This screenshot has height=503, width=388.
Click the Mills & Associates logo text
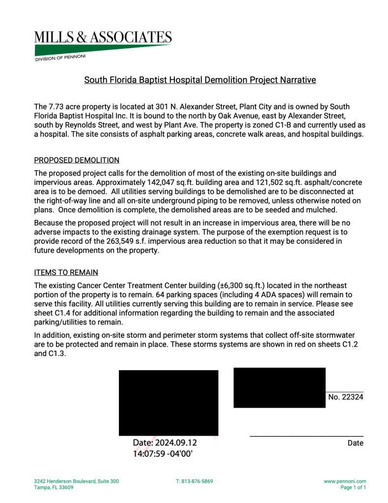pyautogui.click(x=103, y=37)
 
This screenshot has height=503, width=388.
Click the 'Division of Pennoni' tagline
pyautogui.click(x=60, y=58)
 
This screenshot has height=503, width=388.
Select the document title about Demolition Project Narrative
pyautogui.click(x=200, y=80)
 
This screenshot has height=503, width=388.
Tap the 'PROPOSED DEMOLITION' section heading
pyautogui.click(x=77, y=160)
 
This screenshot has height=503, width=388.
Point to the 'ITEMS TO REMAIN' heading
pyautogui.click(x=66, y=272)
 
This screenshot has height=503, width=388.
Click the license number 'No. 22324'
pyautogui.click(x=345, y=397)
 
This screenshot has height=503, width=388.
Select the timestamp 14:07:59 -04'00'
pyautogui.click(x=163, y=453)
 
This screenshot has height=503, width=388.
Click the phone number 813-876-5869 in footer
pyautogui.click(x=194, y=481)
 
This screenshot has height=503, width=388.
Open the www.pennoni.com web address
pyautogui.click(x=345, y=481)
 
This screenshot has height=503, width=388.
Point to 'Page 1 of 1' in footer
pyautogui.click(x=353, y=488)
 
